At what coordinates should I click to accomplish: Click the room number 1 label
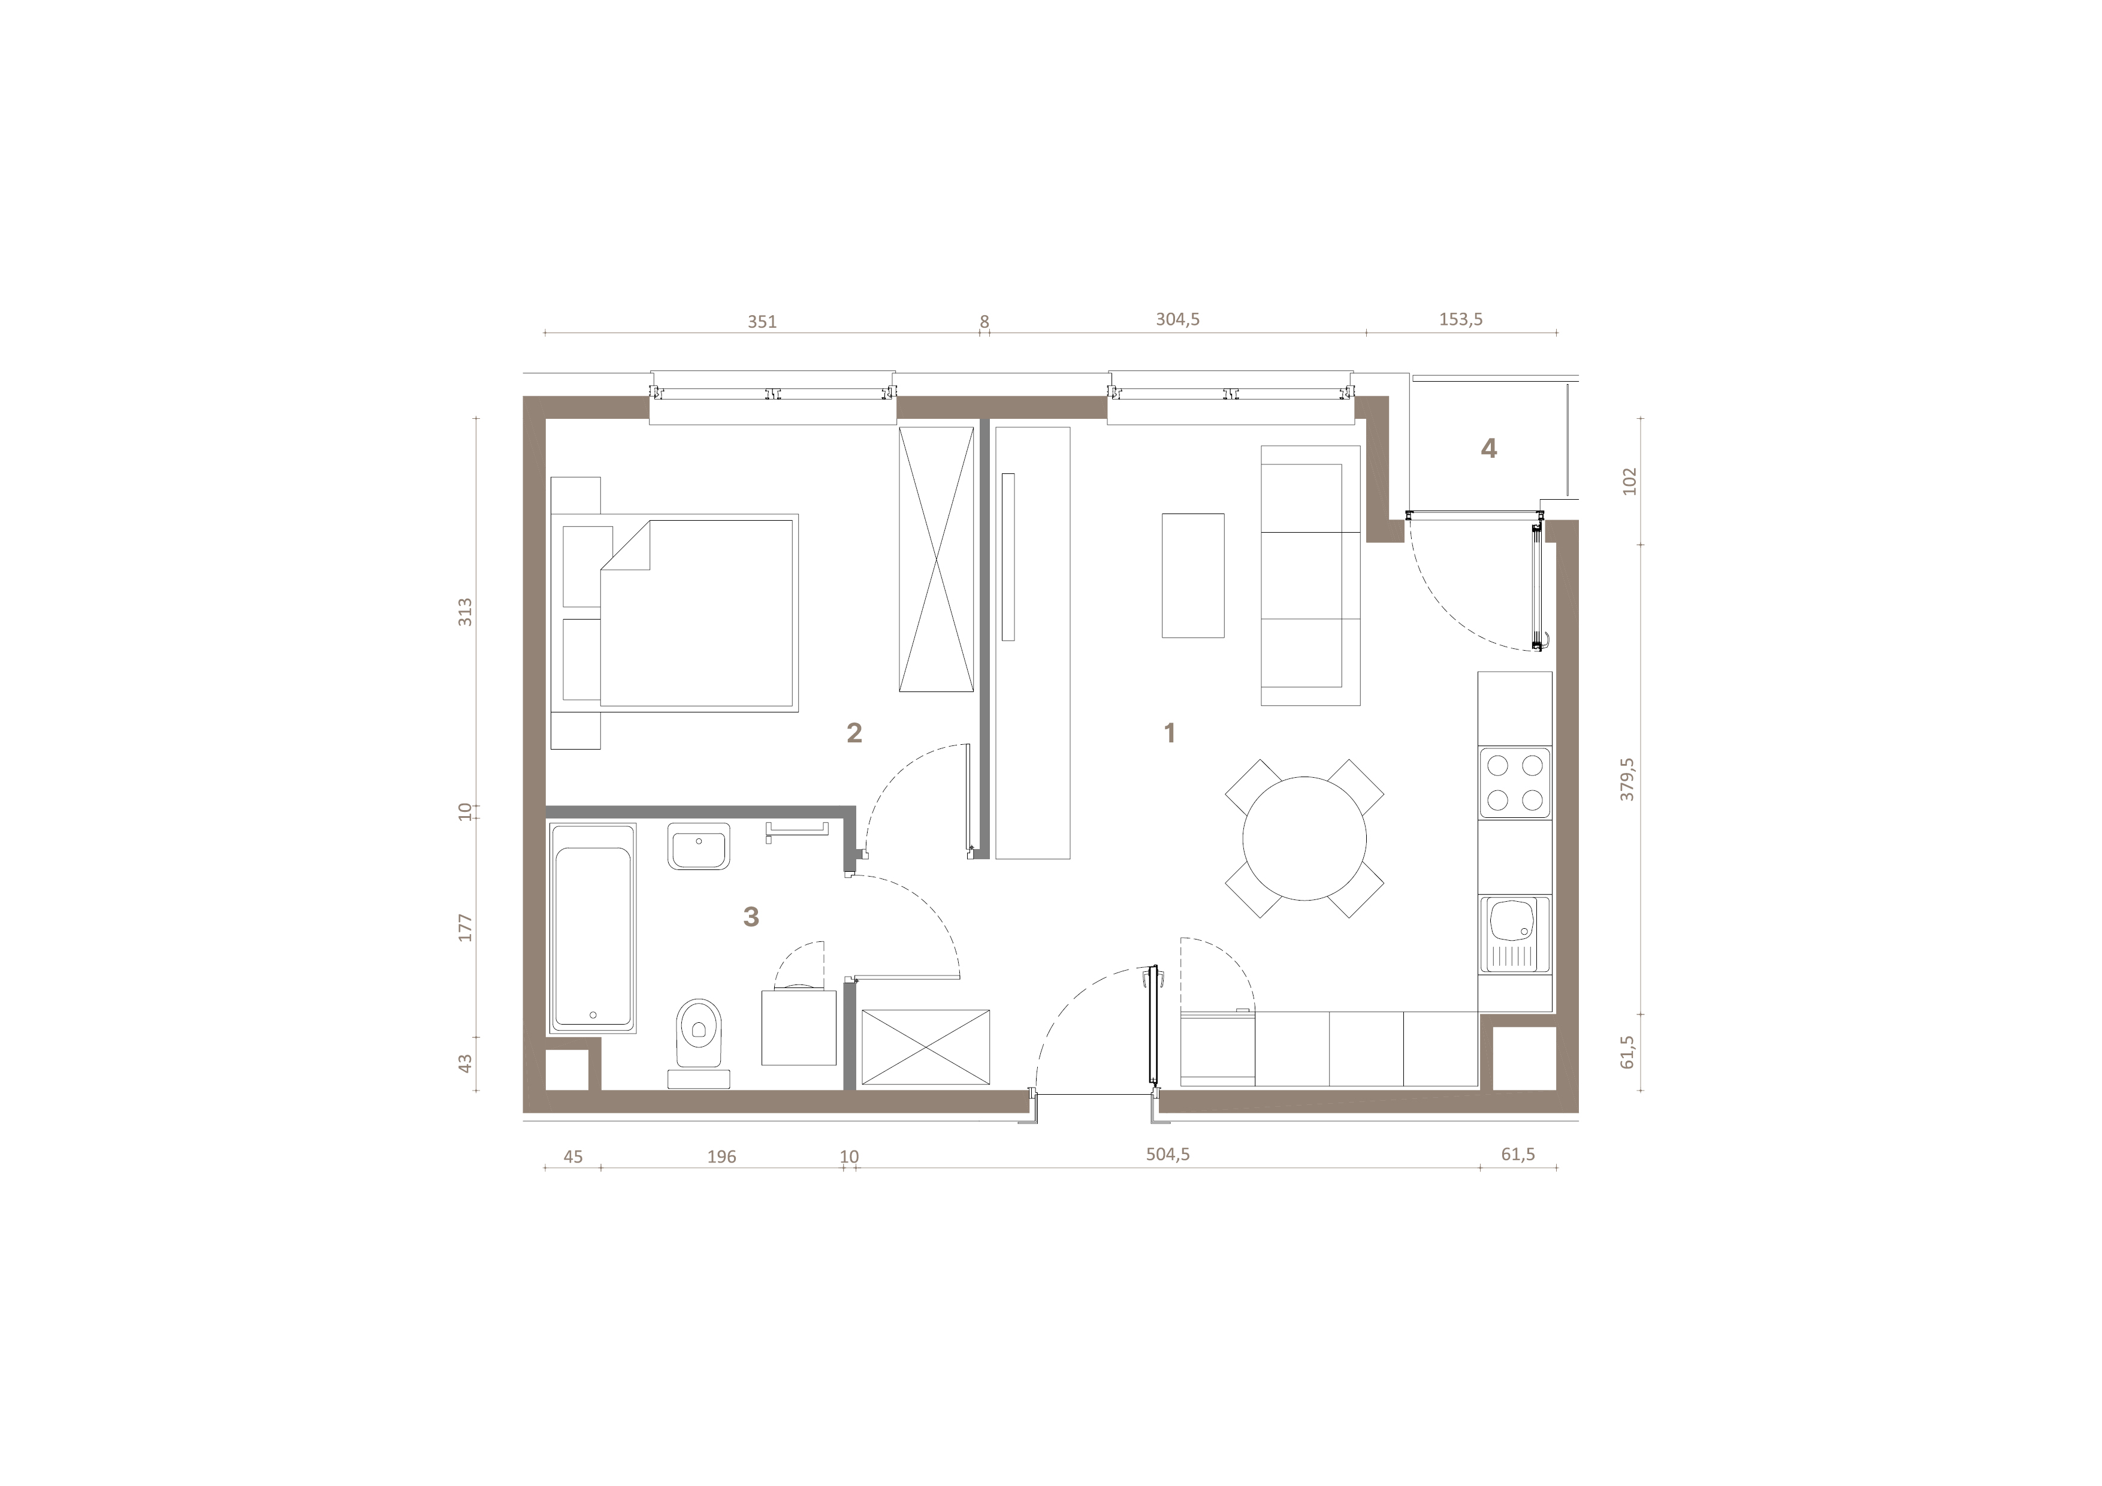point(1169,732)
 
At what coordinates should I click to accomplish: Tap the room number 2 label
point(854,732)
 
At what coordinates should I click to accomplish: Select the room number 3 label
point(751,917)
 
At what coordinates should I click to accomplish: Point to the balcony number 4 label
point(1488,449)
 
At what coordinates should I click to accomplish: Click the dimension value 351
point(762,321)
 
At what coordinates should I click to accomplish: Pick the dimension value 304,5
point(1177,319)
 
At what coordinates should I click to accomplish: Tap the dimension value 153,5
point(1460,319)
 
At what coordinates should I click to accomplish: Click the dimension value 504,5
point(1168,1155)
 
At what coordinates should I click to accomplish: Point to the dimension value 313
point(465,612)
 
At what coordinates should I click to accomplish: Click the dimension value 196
point(721,1156)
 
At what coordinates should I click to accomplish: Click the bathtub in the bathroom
point(593,928)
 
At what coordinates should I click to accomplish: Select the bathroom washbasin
point(699,846)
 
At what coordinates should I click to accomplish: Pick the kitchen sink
point(1514,935)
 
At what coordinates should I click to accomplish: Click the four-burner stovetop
point(1514,783)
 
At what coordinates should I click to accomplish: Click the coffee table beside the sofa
point(1193,575)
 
